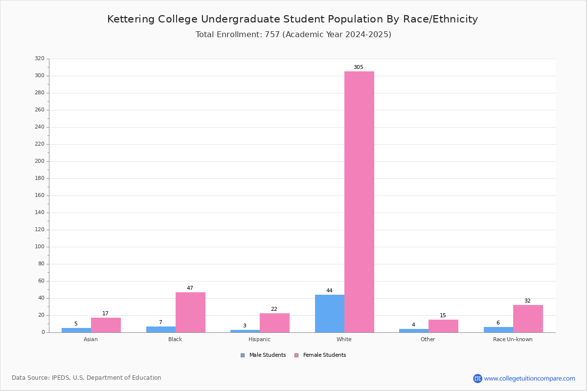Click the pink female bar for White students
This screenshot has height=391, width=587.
pyautogui.click(x=359, y=202)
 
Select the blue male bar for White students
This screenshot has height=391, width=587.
pyautogui.click(x=330, y=314)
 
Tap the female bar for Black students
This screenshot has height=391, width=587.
pyautogui.click(x=190, y=312)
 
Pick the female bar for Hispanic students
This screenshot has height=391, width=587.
pyautogui.click(x=274, y=323)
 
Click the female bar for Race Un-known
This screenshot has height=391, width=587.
pyautogui.click(x=528, y=319)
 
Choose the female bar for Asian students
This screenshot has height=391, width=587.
pyautogui.click(x=106, y=325)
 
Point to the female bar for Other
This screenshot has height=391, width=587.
pyautogui.click(x=443, y=326)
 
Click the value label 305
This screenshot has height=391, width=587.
pyautogui.click(x=359, y=67)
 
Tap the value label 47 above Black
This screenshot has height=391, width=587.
pyautogui.click(x=190, y=288)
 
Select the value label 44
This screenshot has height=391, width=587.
pyautogui.click(x=329, y=290)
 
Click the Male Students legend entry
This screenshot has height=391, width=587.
pyautogui.click(x=263, y=355)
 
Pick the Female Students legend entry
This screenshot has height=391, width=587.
pyautogui.click(x=320, y=355)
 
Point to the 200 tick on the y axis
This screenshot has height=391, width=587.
pyautogui.click(x=40, y=161)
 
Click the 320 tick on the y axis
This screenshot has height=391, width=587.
pyautogui.click(x=40, y=58)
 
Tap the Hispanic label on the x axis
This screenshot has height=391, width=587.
pyautogui.click(x=259, y=339)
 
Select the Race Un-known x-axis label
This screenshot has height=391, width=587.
pyautogui.click(x=513, y=339)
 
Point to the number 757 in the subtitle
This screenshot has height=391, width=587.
pyautogui.click(x=272, y=34)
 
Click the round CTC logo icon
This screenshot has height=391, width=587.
pyautogui.click(x=477, y=378)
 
